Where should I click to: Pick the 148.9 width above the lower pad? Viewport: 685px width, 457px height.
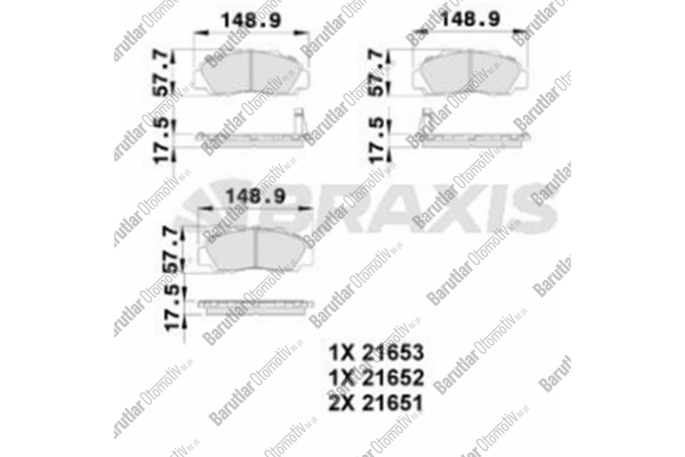pos(256,197)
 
